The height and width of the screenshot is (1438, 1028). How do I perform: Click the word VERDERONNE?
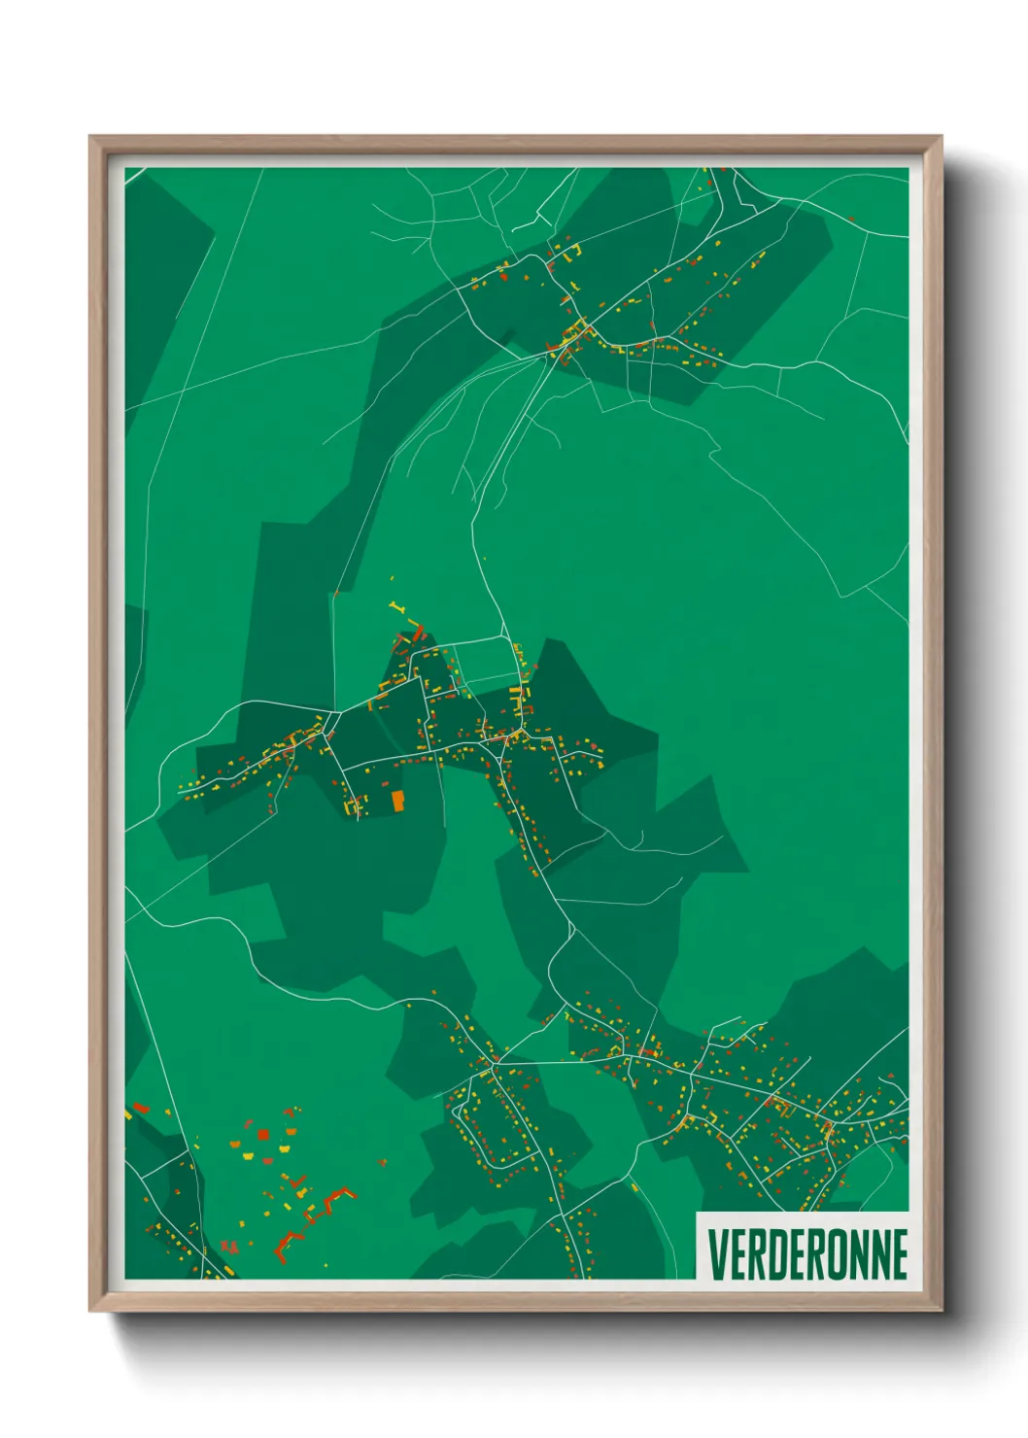(807, 1253)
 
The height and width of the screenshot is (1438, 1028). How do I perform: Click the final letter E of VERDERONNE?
(900, 1253)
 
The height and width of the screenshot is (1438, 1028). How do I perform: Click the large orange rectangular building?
(396, 801)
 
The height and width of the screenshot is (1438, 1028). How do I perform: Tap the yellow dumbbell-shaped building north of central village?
(395, 608)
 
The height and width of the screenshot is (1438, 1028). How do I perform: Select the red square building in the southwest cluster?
(263, 1134)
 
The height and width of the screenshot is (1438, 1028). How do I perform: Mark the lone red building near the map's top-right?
(851, 220)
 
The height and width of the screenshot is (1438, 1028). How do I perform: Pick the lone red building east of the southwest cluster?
(382, 1162)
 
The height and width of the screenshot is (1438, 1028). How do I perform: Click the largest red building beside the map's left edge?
(140, 1108)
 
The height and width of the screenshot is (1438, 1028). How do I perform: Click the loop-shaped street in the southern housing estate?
(496, 1127)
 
